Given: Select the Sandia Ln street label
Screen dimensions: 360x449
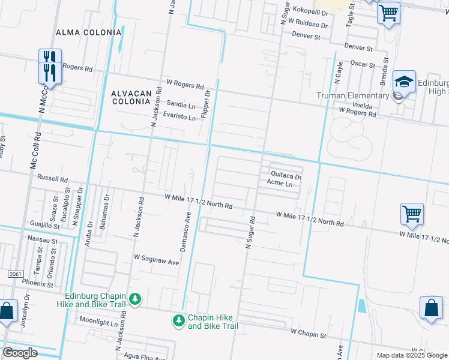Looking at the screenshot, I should tap(181, 104).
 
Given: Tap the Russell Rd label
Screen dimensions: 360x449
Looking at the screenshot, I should tap(52, 179).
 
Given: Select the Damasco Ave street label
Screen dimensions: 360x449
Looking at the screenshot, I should tap(185, 230).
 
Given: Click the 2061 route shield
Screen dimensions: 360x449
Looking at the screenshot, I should tap(16, 274).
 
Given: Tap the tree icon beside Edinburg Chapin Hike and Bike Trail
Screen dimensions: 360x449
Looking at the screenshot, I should tap(136, 299).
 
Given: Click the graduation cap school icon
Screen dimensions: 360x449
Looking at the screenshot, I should tap(405, 81).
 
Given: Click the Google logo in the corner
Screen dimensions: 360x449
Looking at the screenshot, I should tap(20, 353).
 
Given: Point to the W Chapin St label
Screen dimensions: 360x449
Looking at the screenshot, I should tap(308, 332).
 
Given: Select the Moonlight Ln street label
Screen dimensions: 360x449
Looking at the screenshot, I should tap(98, 322).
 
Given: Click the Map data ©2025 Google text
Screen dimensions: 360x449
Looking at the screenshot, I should tap(411, 355).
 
